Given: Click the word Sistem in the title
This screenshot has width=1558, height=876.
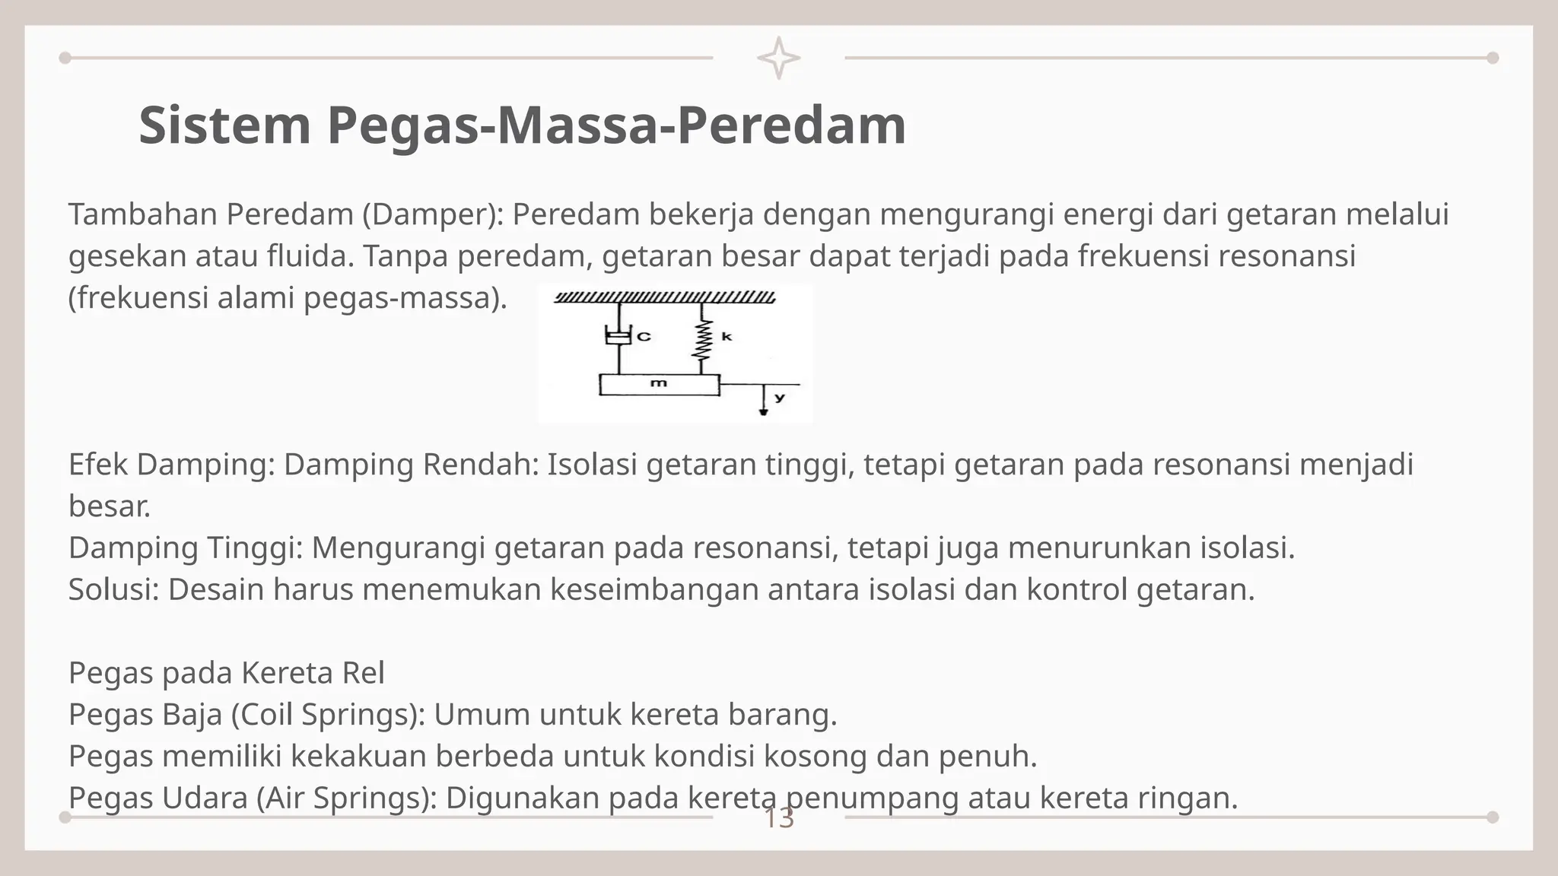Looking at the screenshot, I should point(225,125).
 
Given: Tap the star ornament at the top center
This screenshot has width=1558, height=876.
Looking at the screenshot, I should point(778,58).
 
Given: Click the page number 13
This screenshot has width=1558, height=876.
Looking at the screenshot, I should point(778,819).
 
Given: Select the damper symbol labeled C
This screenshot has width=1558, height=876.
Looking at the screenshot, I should point(619,336).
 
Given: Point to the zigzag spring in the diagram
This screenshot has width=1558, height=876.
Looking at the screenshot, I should point(701,339).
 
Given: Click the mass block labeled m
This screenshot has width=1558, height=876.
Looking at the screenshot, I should point(659,384).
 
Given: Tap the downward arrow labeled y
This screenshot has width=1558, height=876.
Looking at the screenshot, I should point(763,401).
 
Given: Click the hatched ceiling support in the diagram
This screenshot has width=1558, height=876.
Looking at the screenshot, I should point(664,297).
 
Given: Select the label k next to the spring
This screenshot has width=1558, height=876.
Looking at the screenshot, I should point(727,335).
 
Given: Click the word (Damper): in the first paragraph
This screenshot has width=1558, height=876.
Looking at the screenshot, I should point(432,215).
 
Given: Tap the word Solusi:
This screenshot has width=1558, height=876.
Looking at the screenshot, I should point(113,589).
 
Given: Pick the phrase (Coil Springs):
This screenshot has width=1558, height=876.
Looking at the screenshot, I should point(327,715).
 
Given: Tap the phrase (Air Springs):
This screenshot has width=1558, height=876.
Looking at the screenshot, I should point(345,798).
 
